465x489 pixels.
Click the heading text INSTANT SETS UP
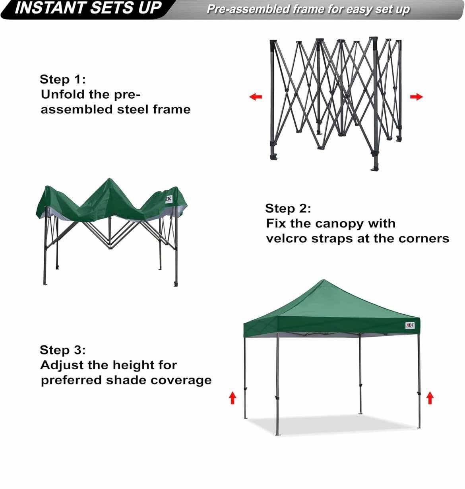(x=88, y=8)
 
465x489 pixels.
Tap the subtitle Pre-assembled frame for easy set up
(x=308, y=9)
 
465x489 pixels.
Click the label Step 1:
(x=62, y=79)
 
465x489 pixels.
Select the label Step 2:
(x=288, y=208)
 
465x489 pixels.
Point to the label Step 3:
(x=62, y=350)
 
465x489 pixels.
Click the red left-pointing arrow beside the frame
(x=256, y=97)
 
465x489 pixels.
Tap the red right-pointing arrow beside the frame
(x=416, y=97)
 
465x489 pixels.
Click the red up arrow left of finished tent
(x=232, y=397)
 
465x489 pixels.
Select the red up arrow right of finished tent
(x=430, y=397)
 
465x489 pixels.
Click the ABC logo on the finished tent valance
(x=410, y=325)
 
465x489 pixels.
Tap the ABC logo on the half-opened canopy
(x=169, y=199)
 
